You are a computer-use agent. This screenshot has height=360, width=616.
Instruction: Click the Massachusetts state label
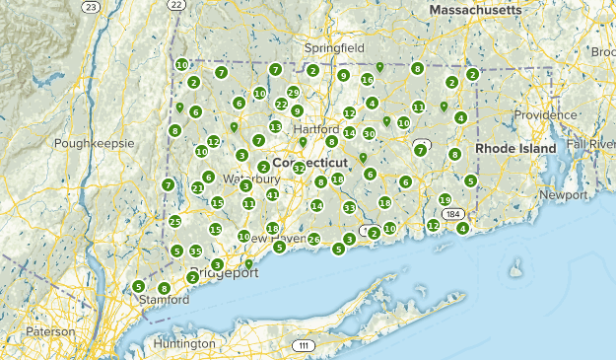tap(475, 9)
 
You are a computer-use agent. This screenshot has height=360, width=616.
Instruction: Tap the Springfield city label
tap(333, 47)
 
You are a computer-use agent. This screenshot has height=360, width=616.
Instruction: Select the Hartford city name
tap(315, 129)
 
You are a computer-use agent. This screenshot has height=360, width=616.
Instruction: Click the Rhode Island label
tap(516, 148)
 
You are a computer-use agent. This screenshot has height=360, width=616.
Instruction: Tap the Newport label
tap(563, 195)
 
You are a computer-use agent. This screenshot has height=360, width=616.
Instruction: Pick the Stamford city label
tap(163, 298)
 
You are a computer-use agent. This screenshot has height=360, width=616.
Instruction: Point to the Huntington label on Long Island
tap(184, 343)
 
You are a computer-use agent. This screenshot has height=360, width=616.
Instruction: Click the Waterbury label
tap(250, 180)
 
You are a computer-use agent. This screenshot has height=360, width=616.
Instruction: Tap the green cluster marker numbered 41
tap(272, 194)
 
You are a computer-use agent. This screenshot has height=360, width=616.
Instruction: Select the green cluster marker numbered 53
tap(349, 208)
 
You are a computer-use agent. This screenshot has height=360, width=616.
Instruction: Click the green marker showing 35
tap(195, 252)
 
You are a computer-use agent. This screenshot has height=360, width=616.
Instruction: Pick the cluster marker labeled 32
tap(299, 169)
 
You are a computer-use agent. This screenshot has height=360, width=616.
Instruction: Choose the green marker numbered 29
tap(293, 92)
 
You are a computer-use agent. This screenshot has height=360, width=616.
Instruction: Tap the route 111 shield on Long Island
tap(304, 345)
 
